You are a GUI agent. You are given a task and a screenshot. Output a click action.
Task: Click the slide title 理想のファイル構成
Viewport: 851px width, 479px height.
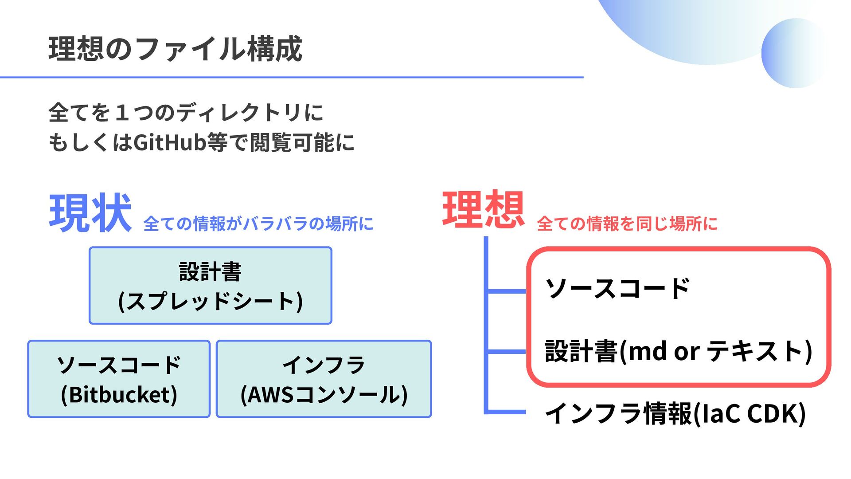point(175,49)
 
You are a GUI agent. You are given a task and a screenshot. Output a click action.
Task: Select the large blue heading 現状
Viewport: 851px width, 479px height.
point(90,213)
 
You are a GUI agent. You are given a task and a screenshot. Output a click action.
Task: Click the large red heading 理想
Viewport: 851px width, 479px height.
point(483,209)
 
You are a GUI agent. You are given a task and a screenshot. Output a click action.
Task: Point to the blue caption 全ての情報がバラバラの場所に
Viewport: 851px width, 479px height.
point(258,224)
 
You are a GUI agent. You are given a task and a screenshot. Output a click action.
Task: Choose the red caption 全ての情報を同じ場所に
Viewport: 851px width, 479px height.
point(627,224)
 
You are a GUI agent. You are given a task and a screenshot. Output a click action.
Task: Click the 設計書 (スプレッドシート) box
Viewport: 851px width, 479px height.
point(211,286)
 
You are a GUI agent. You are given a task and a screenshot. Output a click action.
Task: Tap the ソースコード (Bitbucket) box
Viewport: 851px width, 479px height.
point(119,379)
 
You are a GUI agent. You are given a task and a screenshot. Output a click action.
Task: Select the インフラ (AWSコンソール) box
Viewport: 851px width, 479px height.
point(324,379)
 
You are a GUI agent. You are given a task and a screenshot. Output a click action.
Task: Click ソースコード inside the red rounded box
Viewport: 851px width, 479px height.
point(617,289)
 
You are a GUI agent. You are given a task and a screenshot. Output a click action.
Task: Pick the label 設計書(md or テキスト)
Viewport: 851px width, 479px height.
point(678,351)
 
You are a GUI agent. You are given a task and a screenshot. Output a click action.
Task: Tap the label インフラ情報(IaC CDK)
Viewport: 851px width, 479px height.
point(675,413)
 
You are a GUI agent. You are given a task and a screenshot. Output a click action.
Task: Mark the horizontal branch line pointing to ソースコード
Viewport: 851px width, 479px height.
point(507,291)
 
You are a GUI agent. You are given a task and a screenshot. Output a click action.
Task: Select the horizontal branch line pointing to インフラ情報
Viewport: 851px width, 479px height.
point(507,412)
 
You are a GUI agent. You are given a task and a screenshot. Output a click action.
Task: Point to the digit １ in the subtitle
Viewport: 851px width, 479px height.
point(122,113)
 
